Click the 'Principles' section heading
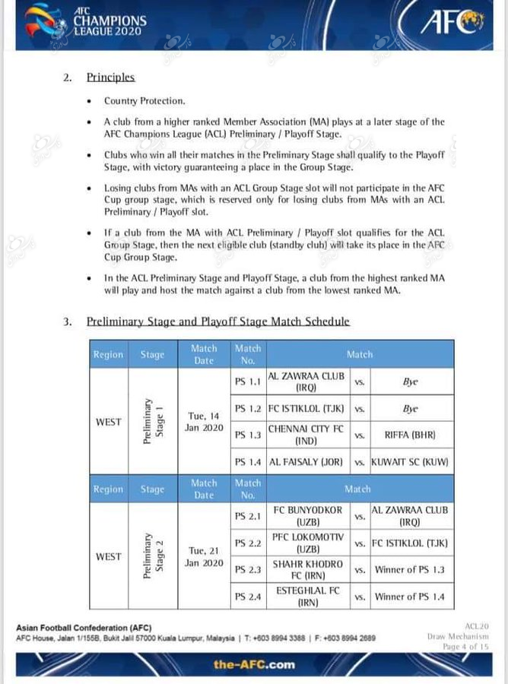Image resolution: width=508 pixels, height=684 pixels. coord(110,77)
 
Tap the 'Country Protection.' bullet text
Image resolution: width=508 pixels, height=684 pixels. coord(144,100)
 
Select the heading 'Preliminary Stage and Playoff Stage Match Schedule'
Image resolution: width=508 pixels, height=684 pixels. coord(218,321)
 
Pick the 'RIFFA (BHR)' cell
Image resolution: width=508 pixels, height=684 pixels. coord(410,435)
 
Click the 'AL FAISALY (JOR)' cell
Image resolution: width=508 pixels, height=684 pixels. coord(306,461)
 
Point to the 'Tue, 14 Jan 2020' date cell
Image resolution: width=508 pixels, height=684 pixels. coord(203,422)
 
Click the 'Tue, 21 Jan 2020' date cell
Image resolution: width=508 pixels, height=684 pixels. coord(203,557)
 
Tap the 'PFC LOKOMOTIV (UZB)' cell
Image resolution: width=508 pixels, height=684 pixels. coord(306,543)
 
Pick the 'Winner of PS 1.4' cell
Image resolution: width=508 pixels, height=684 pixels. coord(411,597)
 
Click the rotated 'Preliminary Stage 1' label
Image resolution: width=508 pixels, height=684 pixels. coord(152,422)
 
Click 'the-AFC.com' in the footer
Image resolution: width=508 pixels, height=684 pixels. coord(253,665)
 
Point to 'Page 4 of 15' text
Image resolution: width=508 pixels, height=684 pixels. coord(465,647)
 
